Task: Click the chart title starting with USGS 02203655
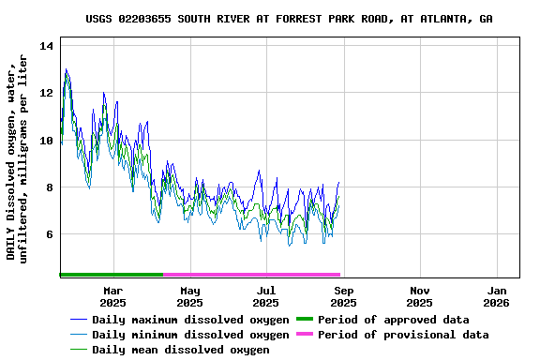click(x=289, y=19)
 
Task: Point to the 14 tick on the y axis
click(x=47, y=46)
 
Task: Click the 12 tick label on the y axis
click(x=47, y=93)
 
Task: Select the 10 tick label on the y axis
click(x=47, y=140)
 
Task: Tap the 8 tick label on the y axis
click(x=50, y=187)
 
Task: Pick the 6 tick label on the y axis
click(x=50, y=233)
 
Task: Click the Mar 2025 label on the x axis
click(x=112, y=296)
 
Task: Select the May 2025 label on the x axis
click(x=189, y=296)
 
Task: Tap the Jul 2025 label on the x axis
click(x=266, y=296)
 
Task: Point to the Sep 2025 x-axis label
click(x=343, y=296)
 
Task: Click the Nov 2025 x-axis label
click(x=420, y=296)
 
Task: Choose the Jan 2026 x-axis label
click(x=497, y=296)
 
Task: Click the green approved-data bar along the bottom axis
click(x=111, y=275)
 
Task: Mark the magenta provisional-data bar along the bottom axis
click(x=251, y=275)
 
